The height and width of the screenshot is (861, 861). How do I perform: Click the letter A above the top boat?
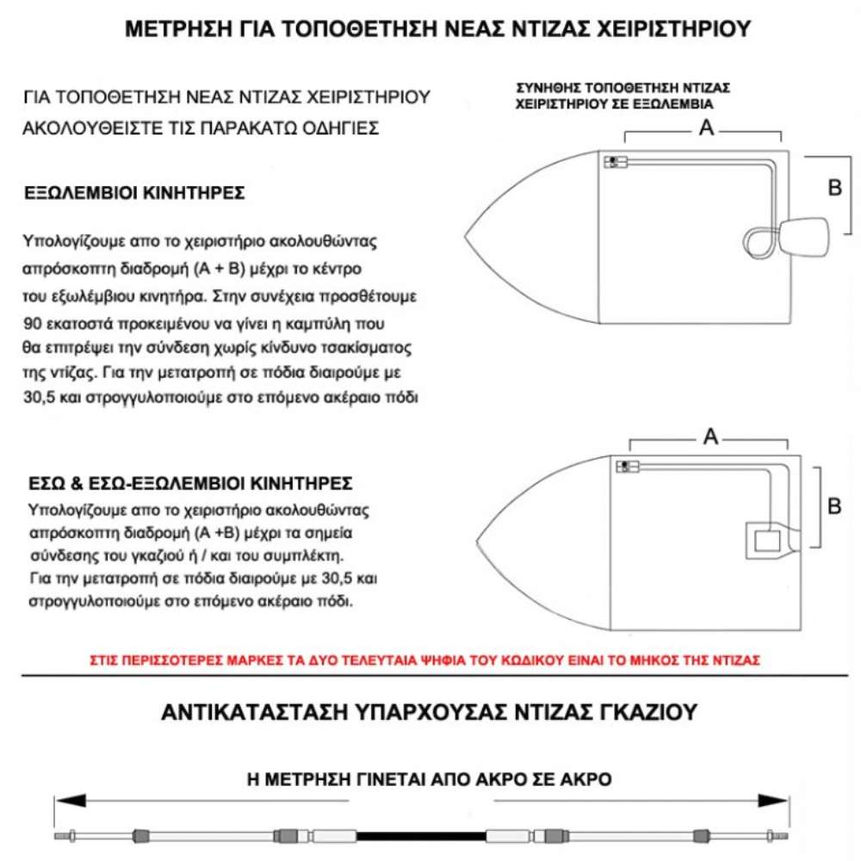[706, 128]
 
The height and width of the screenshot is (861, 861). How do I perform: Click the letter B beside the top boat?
[834, 187]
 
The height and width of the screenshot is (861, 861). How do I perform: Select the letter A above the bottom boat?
[711, 437]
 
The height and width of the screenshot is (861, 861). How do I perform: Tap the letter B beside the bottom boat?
[833, 506]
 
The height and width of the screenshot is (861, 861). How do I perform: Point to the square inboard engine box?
[766, 541]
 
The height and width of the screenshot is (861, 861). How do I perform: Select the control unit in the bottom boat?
[626, 466]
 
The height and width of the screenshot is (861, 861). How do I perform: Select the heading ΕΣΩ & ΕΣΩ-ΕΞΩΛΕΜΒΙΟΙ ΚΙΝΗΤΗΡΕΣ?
[189, 484]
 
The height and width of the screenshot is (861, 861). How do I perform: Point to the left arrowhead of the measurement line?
[63, 800]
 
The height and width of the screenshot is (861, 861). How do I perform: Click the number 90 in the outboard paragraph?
[34, 325]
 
